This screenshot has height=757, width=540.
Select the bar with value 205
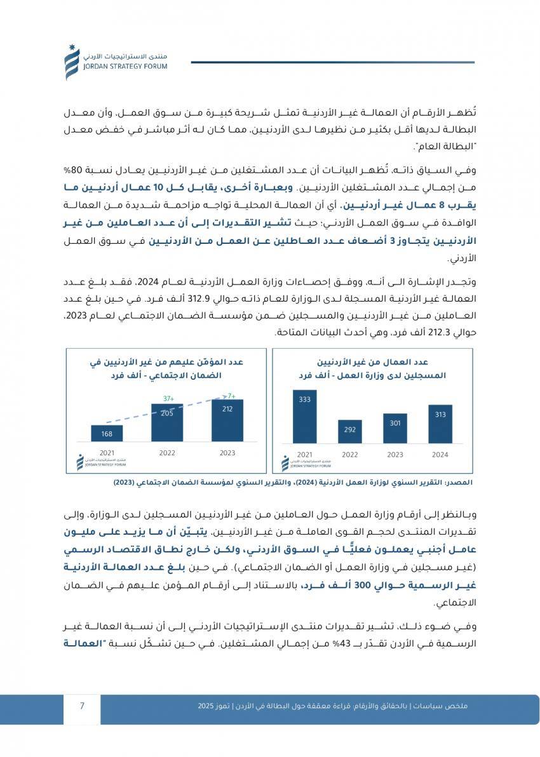[167, 422]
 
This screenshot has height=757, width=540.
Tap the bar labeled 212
[227, 420]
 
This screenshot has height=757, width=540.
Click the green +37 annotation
[168, 399]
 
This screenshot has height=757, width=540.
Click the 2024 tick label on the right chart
[440, 455]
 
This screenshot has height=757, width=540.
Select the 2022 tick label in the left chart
[167, 453]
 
